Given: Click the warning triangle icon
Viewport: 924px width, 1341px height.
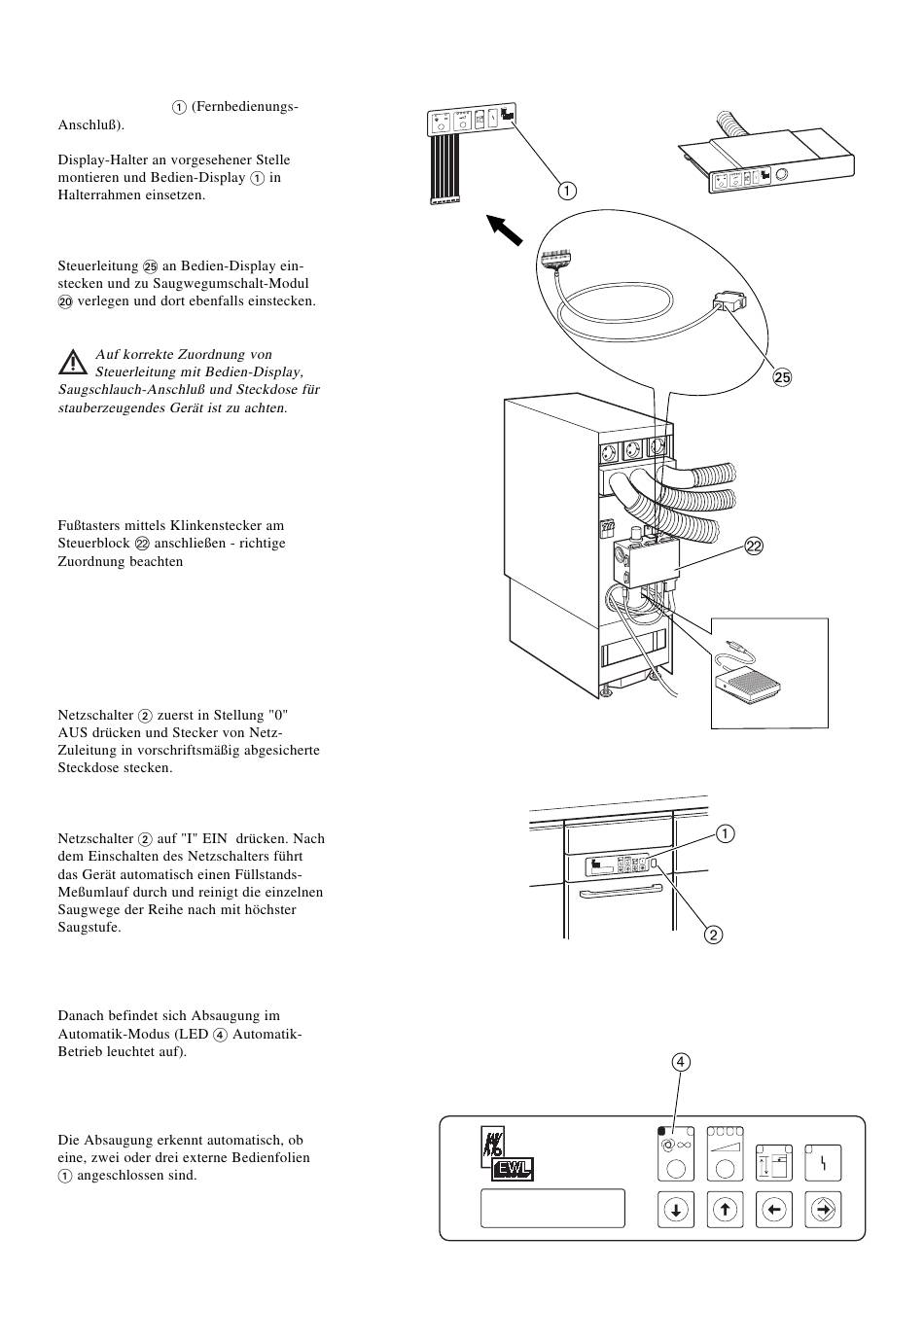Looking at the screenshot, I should point(72,363).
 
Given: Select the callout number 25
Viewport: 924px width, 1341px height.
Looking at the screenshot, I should point(783,377).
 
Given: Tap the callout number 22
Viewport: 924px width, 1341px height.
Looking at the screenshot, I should point(754,547).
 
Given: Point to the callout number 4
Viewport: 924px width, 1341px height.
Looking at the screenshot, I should point(681,1062).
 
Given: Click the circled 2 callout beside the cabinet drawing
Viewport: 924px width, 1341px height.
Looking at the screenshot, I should point(713,935).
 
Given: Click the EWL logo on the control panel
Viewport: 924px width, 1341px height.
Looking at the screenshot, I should point(514,1168).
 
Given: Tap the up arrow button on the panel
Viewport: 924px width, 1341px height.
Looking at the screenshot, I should point(725,1210).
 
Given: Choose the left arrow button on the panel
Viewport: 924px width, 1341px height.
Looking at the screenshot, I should point(774,1210).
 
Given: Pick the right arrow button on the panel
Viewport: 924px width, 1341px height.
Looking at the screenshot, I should point(824,1210).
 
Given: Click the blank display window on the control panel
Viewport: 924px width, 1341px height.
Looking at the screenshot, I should point(552,1208).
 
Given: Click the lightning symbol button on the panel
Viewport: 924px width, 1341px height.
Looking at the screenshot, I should point(824,1162).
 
